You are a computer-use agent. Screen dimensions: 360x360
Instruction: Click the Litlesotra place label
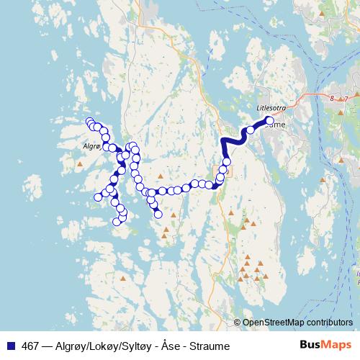pyautogui.click(x=271, y=109)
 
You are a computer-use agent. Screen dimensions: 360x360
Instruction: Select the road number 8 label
pyautogui.click(x=332, y=98)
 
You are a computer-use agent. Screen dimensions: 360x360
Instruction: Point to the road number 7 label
pyautogui.click(x=345, y=98)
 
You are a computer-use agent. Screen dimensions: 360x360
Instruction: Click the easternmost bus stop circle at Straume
pyautogui.click(x=269, y=121)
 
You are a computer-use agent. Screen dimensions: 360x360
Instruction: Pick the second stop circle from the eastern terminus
pyautogui.click(x=251, y=130)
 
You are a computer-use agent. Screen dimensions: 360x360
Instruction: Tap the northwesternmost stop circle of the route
pyautogui.click(x=89, y=121)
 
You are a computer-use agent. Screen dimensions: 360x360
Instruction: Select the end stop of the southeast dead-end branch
pyautogui.click(x=158, y=214)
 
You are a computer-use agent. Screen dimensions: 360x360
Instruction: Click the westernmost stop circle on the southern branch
pyautogui.click(x=99, y=197)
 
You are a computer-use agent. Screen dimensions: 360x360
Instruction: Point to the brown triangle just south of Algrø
pyautogui.click(x=81, y=165)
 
